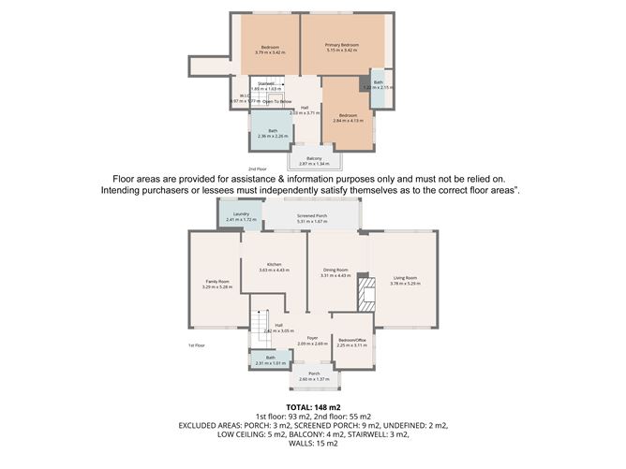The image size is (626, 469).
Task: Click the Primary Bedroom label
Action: click(342, 45)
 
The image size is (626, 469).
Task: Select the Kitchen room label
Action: click(274, 265)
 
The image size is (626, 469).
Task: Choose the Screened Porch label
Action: click(312, 216)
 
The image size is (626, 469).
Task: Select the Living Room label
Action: click(405, 278)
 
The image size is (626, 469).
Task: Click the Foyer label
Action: click(311, 338)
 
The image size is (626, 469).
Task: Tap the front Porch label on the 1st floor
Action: click(314, 373)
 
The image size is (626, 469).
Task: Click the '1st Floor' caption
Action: click(197, 344)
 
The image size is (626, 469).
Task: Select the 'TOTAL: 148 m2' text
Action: click(312, 406)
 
